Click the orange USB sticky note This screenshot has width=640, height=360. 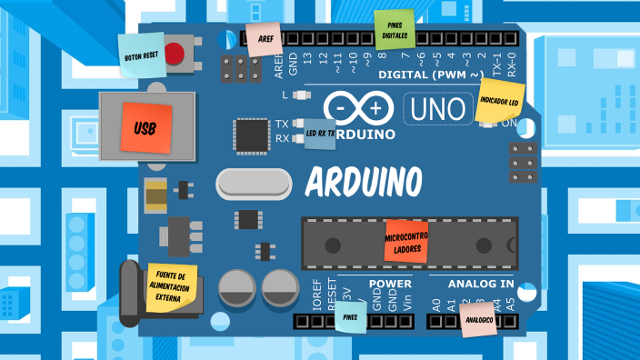click(145, 128)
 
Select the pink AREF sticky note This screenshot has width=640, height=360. click(265, 40)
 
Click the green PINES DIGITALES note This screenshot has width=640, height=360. click(395, 31)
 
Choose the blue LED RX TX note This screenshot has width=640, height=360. click(319, 134)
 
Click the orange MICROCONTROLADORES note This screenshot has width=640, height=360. click(406, 241)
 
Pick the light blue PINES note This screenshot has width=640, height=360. click(351, 318)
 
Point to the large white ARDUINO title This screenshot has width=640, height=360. click(364, 182)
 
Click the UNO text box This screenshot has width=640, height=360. click(437, 108)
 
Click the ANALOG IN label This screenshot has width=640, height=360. click(469, 284)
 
